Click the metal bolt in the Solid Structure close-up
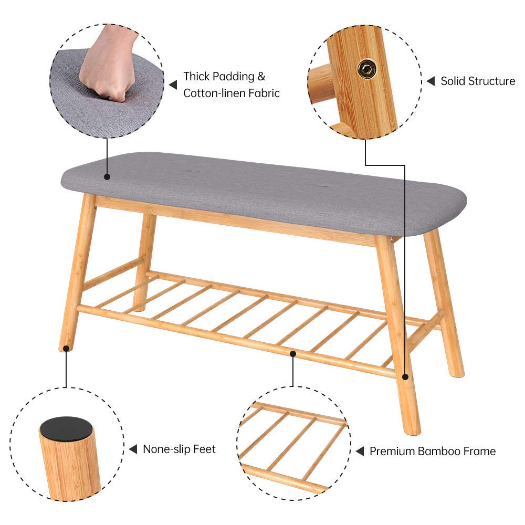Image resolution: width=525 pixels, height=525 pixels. pos(367,69)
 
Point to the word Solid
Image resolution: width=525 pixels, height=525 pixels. pos(453,81)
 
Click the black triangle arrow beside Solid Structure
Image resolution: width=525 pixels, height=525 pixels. pos(431,81)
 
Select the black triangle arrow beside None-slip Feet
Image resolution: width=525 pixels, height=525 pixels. pos(133,449)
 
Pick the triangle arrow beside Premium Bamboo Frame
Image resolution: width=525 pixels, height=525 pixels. pos(360,451)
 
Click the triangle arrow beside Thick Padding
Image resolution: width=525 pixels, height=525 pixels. pos(173,85)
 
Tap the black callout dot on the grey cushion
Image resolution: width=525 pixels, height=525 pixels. pos(107,176)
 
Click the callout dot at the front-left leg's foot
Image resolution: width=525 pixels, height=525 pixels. pos(66,349)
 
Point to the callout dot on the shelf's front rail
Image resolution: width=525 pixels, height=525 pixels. pos(293,353)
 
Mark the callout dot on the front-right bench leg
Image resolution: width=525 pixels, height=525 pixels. pos(405,376)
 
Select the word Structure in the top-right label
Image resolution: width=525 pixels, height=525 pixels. pos(491,81)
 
